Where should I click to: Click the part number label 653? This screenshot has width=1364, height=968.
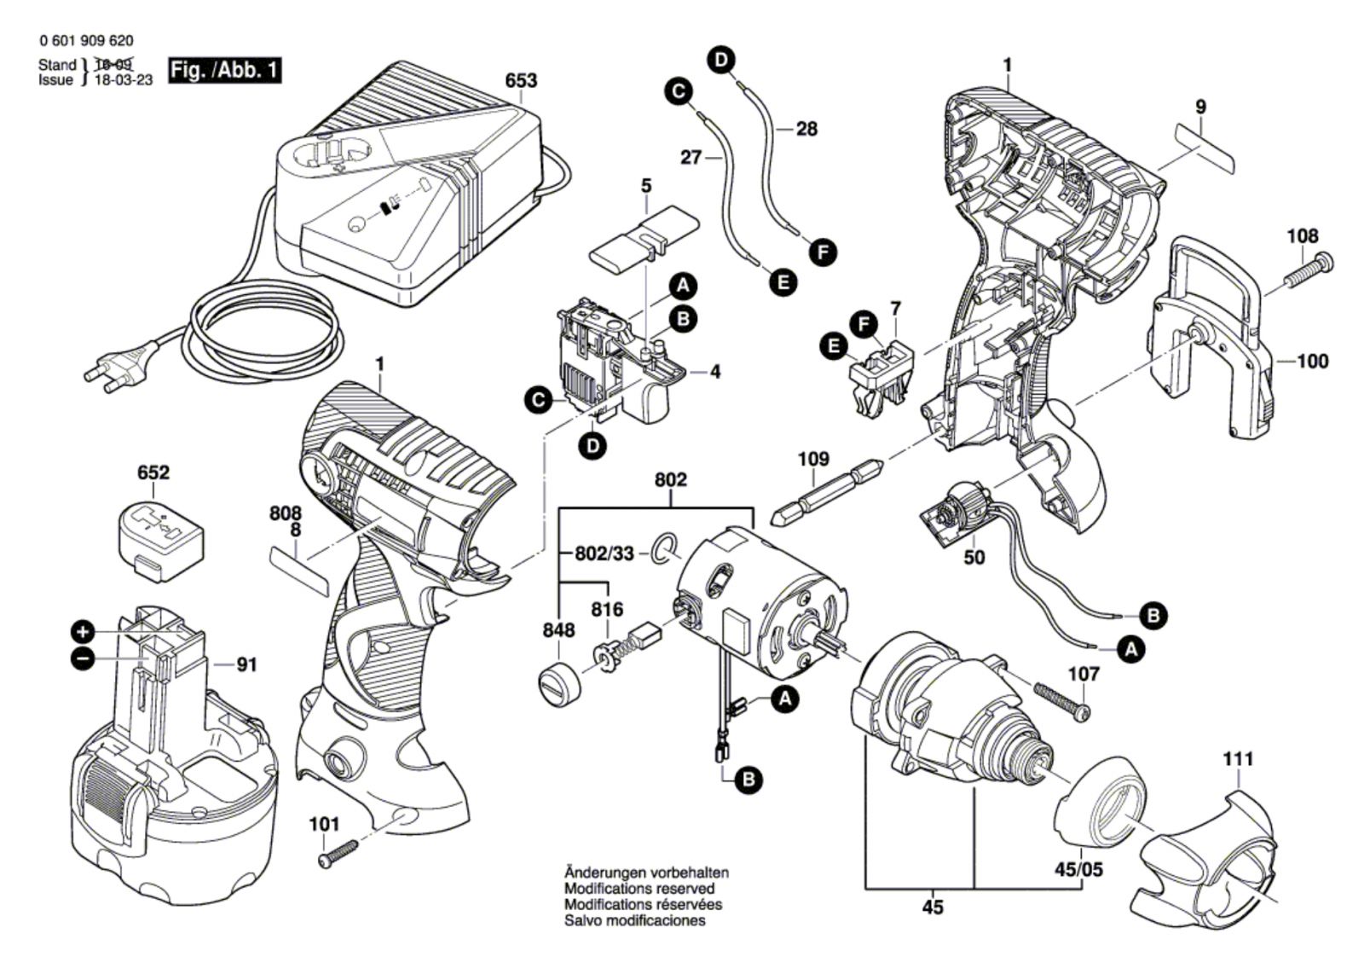pos(521,81)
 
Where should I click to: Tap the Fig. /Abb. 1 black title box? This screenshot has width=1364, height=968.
pos(225,70)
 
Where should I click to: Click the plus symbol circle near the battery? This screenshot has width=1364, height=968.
pos(83,632)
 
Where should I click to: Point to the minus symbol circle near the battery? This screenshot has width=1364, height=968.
pos(83,658)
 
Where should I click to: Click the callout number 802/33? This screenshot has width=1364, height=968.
pos(603,554)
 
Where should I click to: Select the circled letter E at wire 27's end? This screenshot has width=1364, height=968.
pos(783,281)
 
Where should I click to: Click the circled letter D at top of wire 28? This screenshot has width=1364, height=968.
pos(721,60)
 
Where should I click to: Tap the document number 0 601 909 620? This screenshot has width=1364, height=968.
pos(86,41)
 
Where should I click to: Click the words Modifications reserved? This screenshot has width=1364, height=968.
pos(639,889)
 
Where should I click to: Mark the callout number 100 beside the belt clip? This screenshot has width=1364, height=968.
pos(1312,362)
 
